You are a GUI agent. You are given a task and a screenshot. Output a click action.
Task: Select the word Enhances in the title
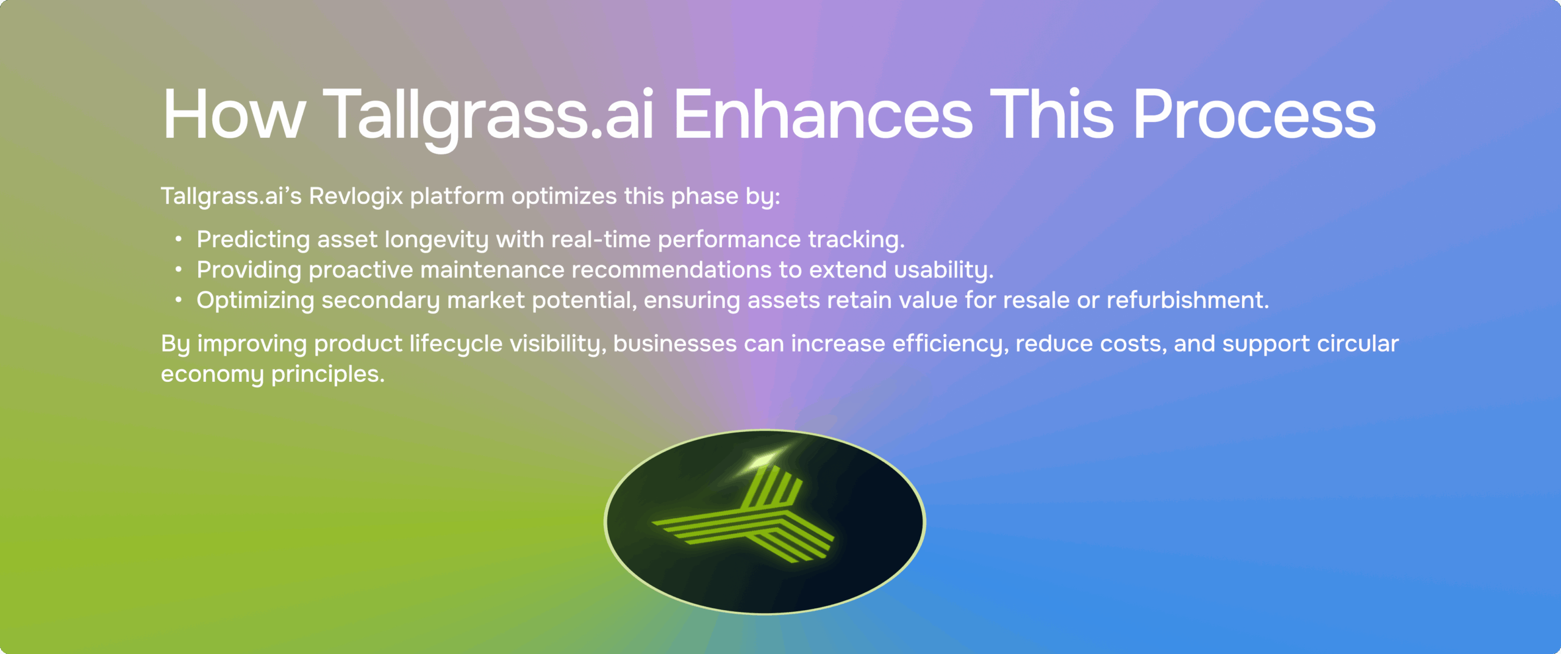823,115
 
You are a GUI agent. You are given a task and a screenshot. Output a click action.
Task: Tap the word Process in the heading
1254,115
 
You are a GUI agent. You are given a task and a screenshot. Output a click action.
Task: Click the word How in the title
233,115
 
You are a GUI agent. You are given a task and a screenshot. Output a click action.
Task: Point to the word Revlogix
356,196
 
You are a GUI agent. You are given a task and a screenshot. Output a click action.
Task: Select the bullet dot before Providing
178,269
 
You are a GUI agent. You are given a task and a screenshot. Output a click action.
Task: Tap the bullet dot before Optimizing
178,300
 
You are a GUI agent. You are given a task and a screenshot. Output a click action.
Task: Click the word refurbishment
1187,300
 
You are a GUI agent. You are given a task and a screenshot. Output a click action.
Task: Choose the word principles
327,375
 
